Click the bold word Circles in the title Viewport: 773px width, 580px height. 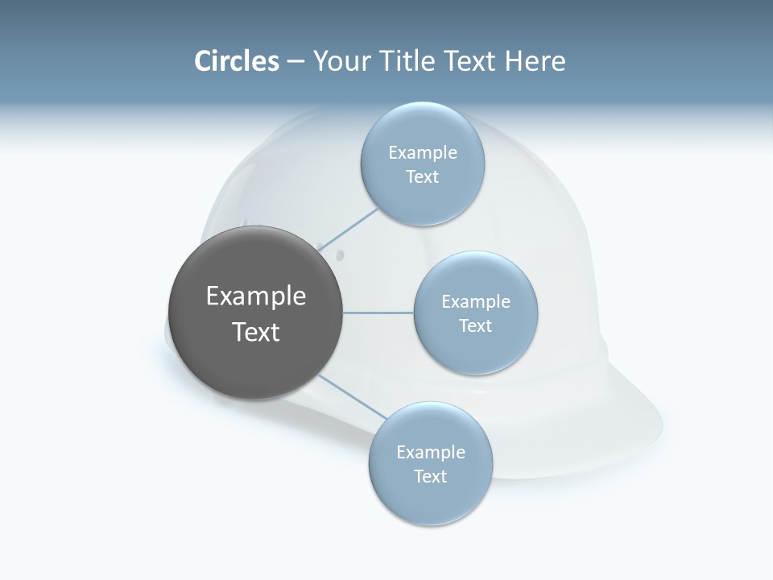tap(237, 61)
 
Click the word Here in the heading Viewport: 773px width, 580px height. tap(535, 61)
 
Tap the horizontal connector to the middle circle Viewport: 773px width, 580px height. tap(378, 313)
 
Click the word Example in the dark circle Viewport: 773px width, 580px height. tap(256, 296)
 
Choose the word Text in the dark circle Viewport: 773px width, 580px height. tap(256, 332)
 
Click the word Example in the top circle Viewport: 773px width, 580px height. tap(423, 152)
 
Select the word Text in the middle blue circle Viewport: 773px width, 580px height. tap(475, 325)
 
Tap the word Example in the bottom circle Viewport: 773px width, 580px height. tap(431, 452)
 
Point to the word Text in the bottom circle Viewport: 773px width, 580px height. tap(430, 476)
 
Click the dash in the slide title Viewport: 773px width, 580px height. tap(296, 61)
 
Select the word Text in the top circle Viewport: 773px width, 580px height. tap(422, 176)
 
